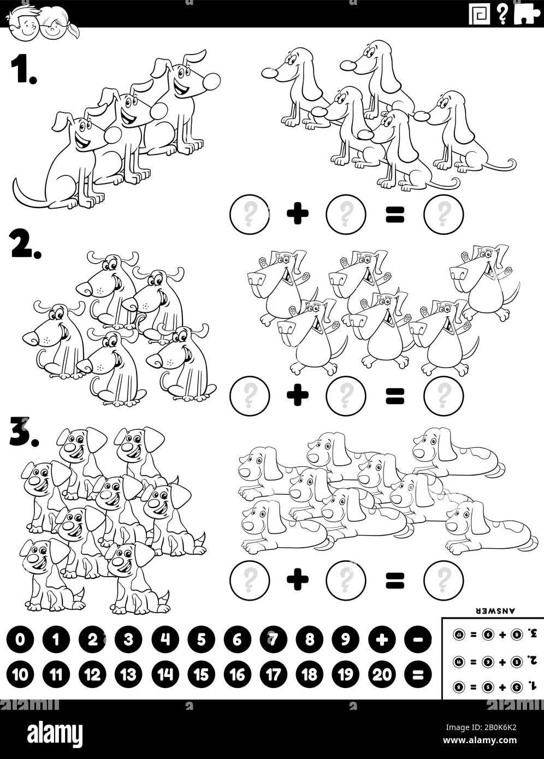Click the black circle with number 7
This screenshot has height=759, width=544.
pos(274,639)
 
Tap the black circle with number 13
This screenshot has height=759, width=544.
pos(129,675)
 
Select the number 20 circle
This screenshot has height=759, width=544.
pos(382,675)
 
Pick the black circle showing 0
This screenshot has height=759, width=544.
pos(21,639)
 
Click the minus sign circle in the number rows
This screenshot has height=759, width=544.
pos(418,639)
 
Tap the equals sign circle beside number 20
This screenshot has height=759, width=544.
pos(418,675)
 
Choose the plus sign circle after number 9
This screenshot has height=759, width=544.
pos(382,639)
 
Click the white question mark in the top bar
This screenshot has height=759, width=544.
pos(502,14)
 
